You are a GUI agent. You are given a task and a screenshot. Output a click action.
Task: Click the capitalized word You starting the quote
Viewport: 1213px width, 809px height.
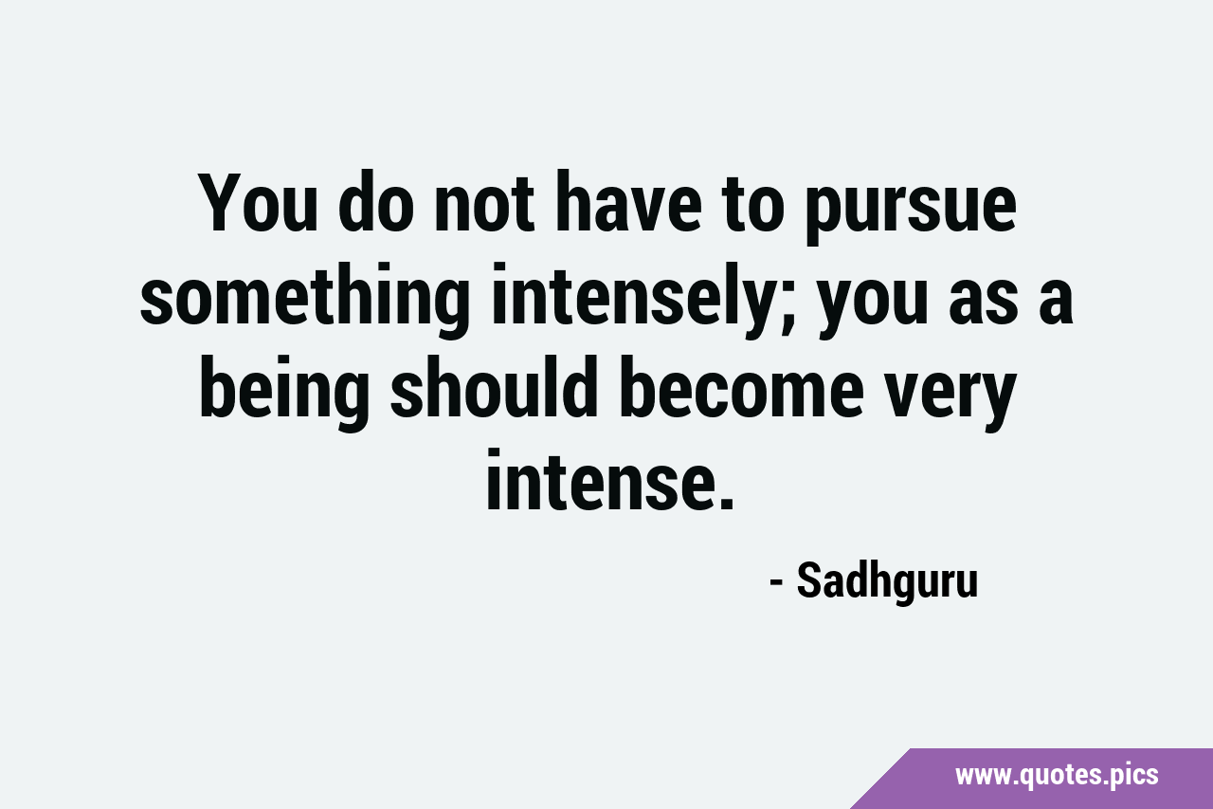point(258,203)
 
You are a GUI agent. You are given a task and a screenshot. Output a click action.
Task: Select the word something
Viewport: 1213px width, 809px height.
point(305,301)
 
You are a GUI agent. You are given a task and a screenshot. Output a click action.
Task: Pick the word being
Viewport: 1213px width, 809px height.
point(285,393)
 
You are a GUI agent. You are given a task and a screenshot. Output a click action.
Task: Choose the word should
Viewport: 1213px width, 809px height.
point(494,387)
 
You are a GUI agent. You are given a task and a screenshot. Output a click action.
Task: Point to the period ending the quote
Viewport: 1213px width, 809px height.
point(727,503)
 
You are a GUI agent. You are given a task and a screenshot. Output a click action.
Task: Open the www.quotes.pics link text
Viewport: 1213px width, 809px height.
point(1057,776)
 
